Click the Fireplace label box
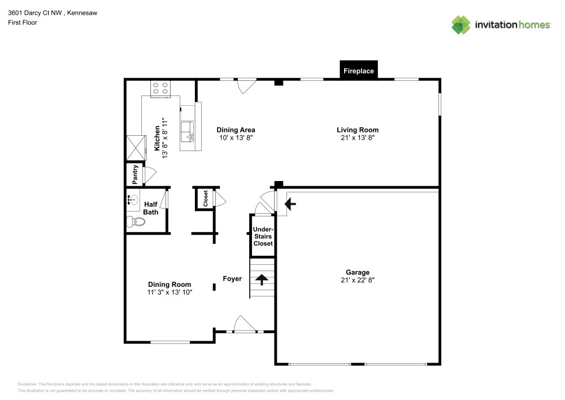[x=359, y=71]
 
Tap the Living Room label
[x=358, y=130]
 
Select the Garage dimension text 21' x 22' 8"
[x=358, y=280]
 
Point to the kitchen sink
[x=187, y=131]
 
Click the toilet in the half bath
[x=136, y=222]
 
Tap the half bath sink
[x=132, y=200]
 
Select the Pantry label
[x=136, y=174]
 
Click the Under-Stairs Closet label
[x=263, y=236]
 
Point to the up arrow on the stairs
[x=262, y=279]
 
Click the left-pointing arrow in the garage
[x=290, y=204]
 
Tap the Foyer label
[x=232, y=278]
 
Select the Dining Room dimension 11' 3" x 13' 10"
[x=169, y=292]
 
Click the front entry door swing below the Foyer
[x=245, y=324]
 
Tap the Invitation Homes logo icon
[x=461, y=24]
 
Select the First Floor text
[x=22, y=23]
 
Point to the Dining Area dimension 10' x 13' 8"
[x=236, y=137]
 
